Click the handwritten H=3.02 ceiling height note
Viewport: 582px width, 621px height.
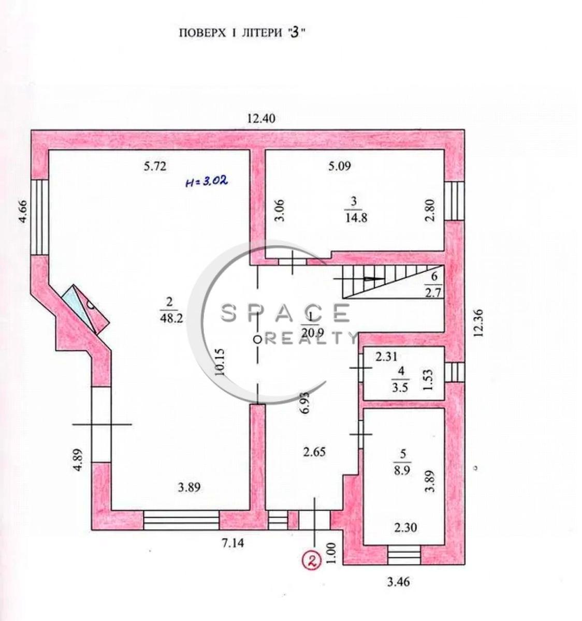point(206,181)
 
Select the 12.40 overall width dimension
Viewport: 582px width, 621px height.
point(261,119)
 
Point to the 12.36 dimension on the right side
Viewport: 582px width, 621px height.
point(478,323)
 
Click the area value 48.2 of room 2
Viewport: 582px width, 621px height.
point(171,318)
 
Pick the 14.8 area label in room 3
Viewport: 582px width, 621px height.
point(356,217)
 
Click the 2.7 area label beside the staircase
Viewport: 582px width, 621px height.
point(433,292)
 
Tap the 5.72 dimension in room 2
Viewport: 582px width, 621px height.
point(155,166)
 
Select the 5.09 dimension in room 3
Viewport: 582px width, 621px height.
point(340,166)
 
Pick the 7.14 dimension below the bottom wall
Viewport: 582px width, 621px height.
point(232,543)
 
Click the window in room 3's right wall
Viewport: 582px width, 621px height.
point(454,201)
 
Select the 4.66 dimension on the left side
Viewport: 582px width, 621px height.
point(23,211)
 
